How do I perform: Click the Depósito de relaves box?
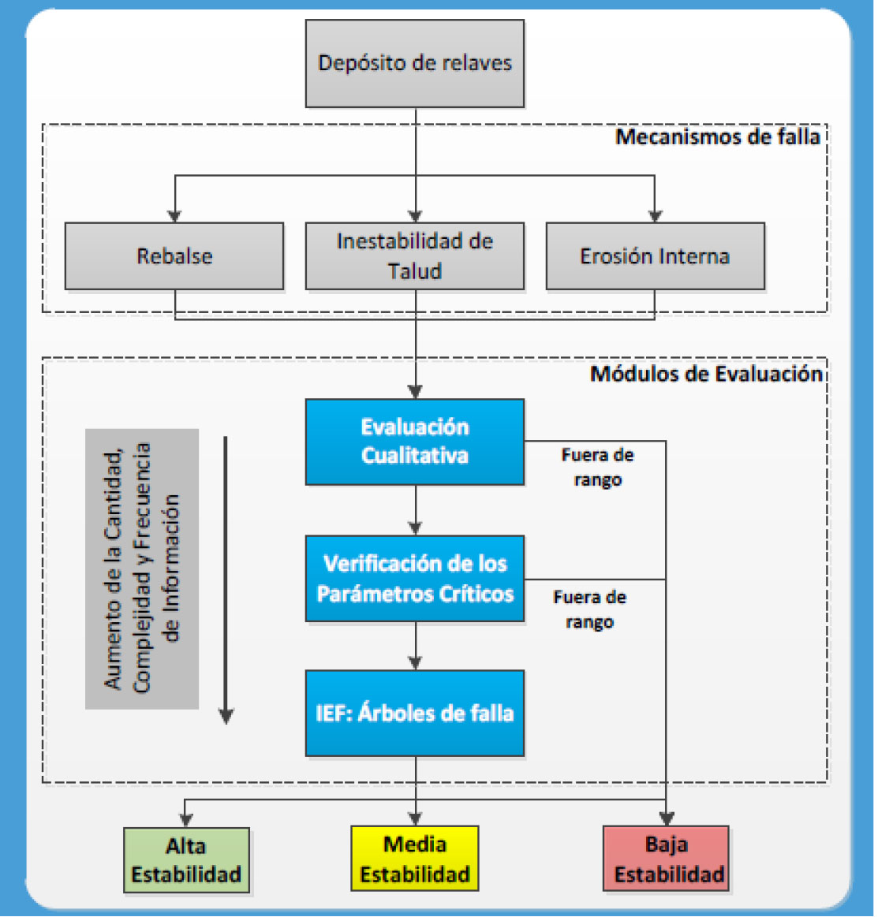tap(415, 63)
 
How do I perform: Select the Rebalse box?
tap(174, 256)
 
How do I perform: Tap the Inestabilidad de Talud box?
tap(415, 256)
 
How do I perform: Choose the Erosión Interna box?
tap(655, 256)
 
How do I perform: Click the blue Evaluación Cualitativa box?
tap(415, 442)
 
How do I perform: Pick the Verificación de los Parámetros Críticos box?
tap(415, 579)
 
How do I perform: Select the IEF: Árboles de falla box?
tap(415, 714)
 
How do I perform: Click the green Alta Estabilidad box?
tap(187, 859)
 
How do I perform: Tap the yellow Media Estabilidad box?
tap(415, 859)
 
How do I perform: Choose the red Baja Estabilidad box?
tap(667, 859)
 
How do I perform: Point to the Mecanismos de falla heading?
tap(718, 137)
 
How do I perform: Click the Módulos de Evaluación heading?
tap(707, 374)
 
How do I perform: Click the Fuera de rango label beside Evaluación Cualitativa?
tap(598, 468)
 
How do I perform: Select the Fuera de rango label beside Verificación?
tap(589, 609)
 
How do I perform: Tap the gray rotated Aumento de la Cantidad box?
tap(142, 569)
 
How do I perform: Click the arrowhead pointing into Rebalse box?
tap(174, 216)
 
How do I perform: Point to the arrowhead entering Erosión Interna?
tap(655, 216)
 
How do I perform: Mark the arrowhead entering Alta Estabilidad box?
tap(185, 821)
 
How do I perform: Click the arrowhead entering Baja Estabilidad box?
tap(667, 818)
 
